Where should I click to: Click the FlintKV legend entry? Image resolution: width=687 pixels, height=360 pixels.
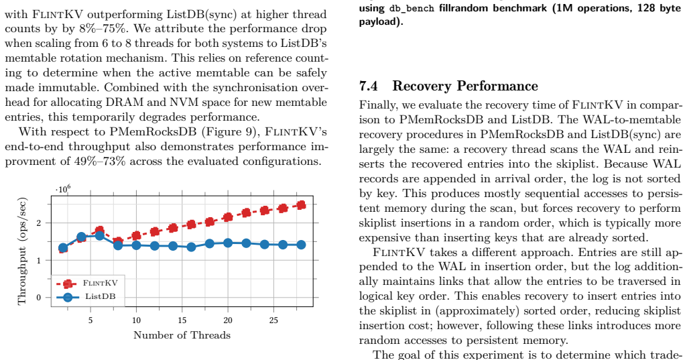(x=87, y=284)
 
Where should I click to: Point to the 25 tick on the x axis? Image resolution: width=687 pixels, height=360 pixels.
(x=273, y=320)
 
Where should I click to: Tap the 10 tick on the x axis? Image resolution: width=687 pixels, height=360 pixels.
(x=136, y=320)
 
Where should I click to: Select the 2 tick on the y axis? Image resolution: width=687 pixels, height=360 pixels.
(x=39, y=223)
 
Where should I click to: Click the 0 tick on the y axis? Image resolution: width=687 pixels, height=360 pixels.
(x=39, y=297)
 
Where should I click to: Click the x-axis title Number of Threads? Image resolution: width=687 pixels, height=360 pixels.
(x=182, y=335)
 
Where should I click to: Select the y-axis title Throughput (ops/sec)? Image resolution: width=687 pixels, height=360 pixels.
(x=21, y=251)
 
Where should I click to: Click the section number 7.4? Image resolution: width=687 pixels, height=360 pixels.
(x=369, y=86)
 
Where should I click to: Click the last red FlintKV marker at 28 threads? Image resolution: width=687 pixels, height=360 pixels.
(x=301, y=205)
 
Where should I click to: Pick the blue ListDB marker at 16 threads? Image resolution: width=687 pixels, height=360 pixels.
(x=191, y=247)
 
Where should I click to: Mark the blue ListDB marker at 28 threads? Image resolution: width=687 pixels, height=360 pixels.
(x=301, y=245)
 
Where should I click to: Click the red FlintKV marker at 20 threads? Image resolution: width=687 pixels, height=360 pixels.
(x=228, y=217)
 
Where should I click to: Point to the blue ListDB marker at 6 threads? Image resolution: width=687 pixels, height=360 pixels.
(x=99, y=235)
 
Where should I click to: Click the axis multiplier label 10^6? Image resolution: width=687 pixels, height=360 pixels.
(x=63, y=189)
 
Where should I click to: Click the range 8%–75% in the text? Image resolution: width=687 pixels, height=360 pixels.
(x=105, y=29)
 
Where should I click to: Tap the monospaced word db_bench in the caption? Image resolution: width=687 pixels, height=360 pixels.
(x=412, y=8)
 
